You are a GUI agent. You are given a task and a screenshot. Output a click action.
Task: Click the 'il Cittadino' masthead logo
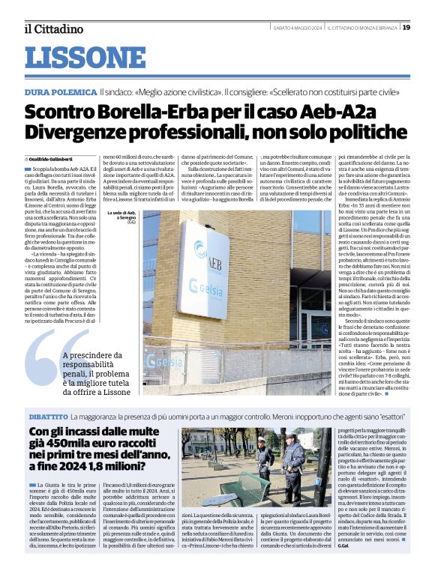point(53,28)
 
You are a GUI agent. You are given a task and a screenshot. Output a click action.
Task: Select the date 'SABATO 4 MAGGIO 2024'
point(296,28)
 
